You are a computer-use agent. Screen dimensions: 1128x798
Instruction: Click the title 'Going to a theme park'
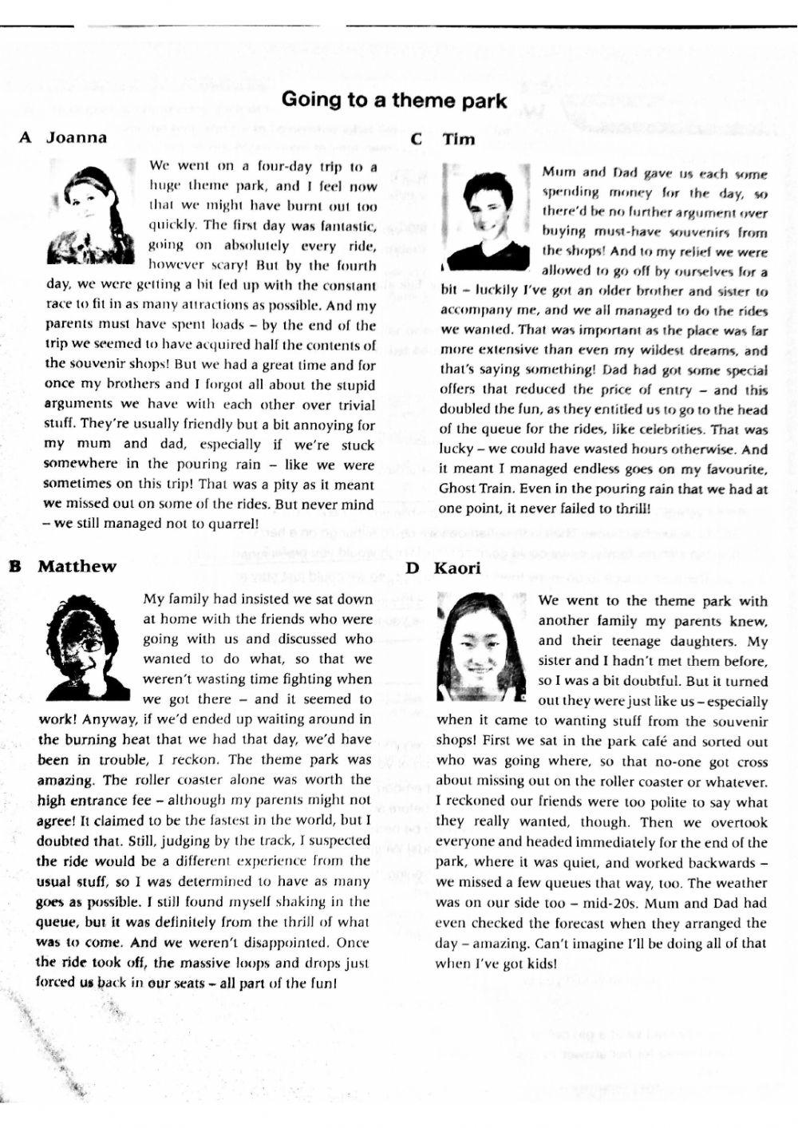point(394,100)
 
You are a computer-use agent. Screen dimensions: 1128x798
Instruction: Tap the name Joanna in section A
point(76,137)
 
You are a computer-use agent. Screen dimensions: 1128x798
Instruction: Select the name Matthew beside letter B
point(77,567)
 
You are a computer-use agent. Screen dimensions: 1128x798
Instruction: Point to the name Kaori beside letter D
point(457,568)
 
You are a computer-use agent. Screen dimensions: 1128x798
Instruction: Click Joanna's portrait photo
point(90,212)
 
